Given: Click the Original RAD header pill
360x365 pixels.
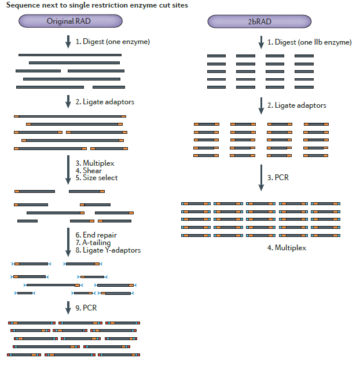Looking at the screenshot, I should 70,21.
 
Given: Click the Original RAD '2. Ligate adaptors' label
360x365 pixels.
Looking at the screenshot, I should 105,102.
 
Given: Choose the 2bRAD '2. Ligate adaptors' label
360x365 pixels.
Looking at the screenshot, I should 296,105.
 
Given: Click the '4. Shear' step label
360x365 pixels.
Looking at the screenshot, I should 89,171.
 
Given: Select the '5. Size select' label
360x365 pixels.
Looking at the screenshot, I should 96,178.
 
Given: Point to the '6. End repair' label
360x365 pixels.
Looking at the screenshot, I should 95,235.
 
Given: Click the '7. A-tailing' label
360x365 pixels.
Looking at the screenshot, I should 92,243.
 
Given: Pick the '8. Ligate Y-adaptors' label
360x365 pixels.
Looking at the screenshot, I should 108,250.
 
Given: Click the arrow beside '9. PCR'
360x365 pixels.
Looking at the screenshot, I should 68,308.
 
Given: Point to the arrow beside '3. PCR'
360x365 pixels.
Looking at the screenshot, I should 261,178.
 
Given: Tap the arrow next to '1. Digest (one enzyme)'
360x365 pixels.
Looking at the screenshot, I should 68,42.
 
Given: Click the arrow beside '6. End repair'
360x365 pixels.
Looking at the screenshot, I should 68,242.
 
